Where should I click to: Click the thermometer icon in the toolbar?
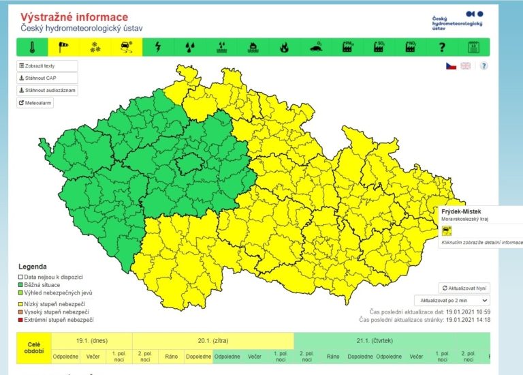(x=32, y=47)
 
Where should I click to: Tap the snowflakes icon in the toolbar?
(x=95, y=47)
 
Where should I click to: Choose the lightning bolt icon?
(x=159, y=47)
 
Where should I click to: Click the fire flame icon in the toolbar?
(x=284, y=47)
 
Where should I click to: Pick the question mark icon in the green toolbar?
(x=441, y=47)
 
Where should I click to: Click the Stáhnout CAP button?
(x=47, y=78)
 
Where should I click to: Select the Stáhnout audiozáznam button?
(x=47, y=90)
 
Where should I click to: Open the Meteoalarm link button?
(x=35, y=103)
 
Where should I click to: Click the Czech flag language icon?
(x=451, y=66)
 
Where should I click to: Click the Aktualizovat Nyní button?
(x=464, y=288)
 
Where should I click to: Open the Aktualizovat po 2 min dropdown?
(x=451, y=300)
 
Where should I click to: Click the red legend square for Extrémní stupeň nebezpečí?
(x=20, y=320)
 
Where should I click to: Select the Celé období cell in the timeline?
(x=33, y=348)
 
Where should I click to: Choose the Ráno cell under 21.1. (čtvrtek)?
(x=332, y=356)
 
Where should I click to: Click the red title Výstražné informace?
(x=74, y=16)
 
